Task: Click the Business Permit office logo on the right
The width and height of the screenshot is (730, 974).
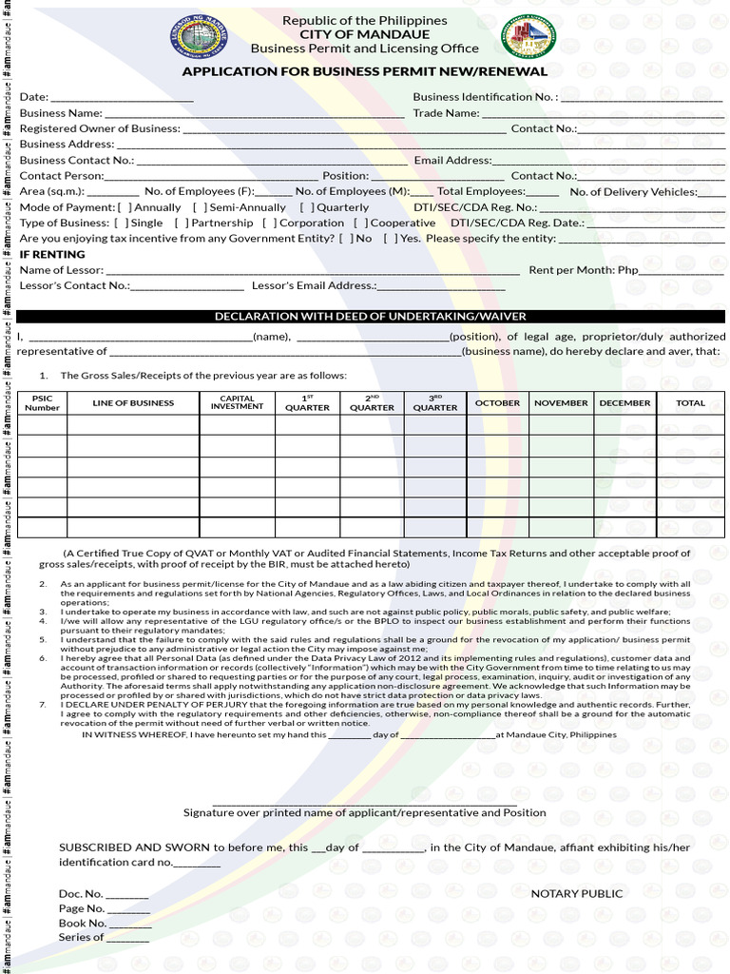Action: click(528, 37)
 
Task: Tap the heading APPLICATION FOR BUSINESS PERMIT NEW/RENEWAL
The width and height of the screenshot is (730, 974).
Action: click(365, 71)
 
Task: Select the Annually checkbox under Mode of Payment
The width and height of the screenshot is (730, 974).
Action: click(125, 207)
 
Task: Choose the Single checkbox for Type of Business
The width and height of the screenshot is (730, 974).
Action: click(121, 224)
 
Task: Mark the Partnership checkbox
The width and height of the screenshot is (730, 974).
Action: click(182, 224)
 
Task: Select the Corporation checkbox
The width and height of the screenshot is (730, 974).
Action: click(270, 224)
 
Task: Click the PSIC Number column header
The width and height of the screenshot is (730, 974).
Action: click(42, 403)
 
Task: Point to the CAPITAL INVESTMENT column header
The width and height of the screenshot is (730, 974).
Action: click(237, 403)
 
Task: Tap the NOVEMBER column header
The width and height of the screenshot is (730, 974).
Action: click(561, 403)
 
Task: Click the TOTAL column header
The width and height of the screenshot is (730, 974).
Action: click(690, 403)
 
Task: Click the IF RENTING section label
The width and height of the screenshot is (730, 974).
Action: click(52, 255)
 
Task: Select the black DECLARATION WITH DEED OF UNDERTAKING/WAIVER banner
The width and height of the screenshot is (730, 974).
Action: click(371, 317)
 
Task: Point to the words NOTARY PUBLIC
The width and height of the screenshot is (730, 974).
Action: click(577, 894)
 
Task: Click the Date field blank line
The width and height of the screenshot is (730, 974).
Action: click(122, 98)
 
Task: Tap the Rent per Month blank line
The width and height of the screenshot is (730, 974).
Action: click(682, 271)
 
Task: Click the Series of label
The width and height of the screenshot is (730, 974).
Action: click(81, 938)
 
